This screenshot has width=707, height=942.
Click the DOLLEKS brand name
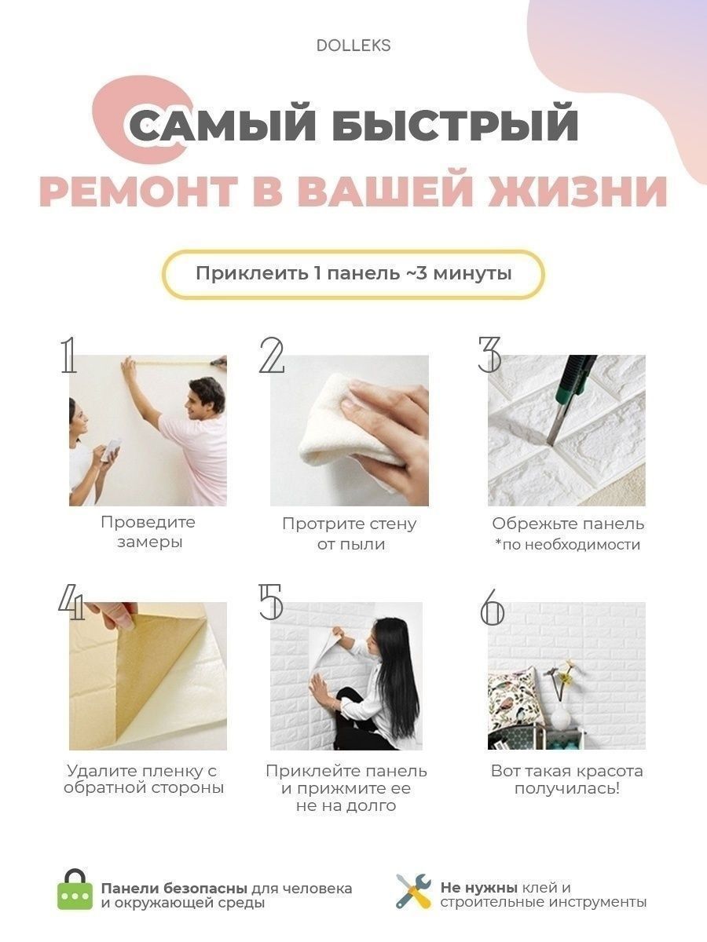click(x=353, y=46)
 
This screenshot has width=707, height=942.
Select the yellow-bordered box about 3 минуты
click(x=353, y=274)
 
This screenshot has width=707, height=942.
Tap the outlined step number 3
click(x=489, y=355)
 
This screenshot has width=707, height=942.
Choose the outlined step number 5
click(x=270, y=602)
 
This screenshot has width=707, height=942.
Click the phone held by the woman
click(x=112, y=450)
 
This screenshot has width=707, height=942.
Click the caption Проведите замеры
click(x=148, y=532)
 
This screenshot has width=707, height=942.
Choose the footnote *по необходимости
click(x=567, y=545)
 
